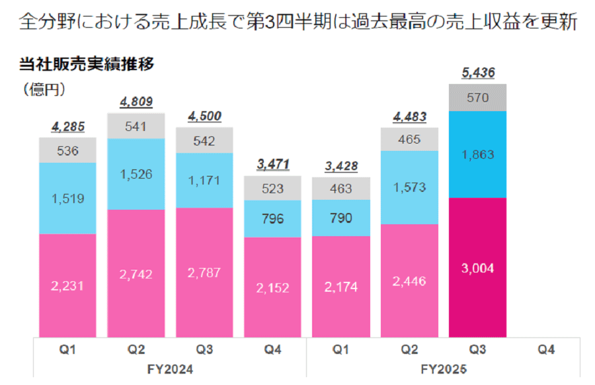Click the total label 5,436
[477, 73]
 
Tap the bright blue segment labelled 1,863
[477, 154]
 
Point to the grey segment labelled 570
[477, 98]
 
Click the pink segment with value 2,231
[67, 285]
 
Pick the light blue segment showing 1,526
[136, 174]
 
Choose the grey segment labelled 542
[204, 140]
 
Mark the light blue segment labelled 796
[272, 218]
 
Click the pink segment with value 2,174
[340, 286]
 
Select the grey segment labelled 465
[409, 140]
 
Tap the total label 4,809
[136, 102]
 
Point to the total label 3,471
[272, 165]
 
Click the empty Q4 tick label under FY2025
[545, 348]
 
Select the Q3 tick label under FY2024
[204, 348]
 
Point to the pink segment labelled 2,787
[204, 272]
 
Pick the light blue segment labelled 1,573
[409, 187]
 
